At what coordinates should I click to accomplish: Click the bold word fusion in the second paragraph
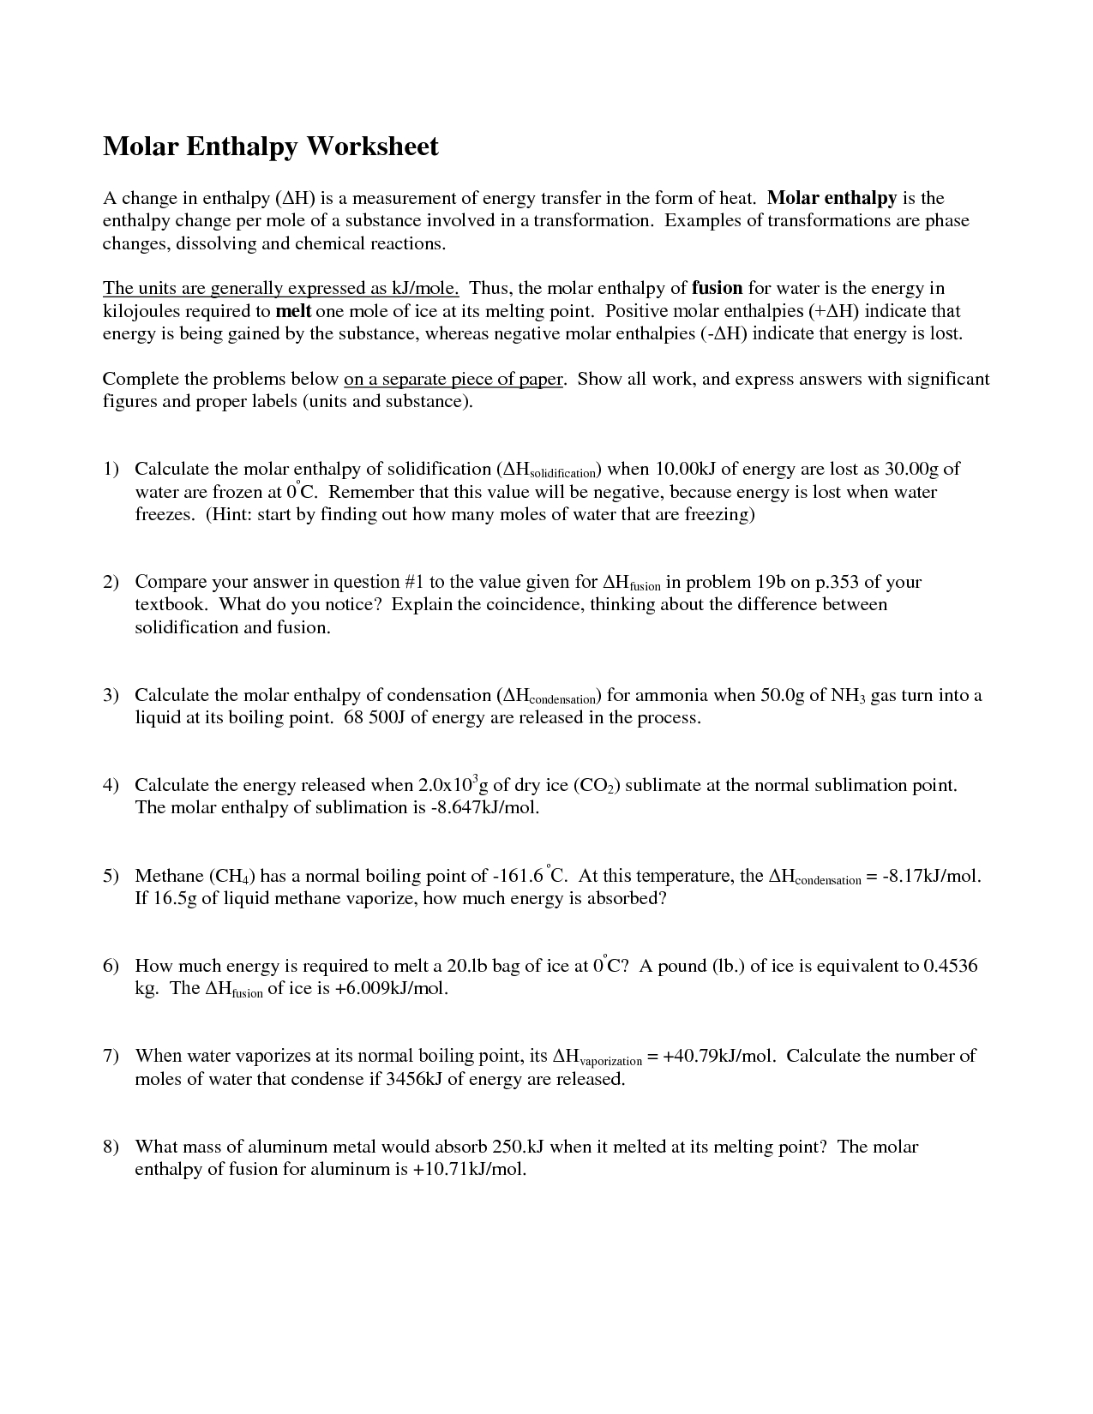pos(718,289)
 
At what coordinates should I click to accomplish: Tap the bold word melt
pos(293,311)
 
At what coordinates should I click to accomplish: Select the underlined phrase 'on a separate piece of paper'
pos(453,380)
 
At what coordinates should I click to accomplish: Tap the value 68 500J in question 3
pos(375,718)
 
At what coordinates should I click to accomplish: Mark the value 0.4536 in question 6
pos(951,967)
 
